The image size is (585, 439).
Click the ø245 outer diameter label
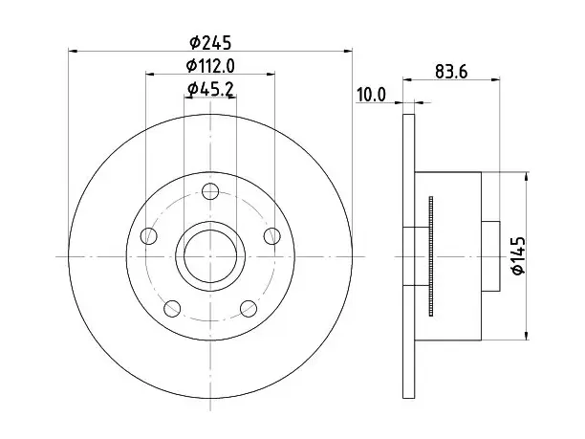210,42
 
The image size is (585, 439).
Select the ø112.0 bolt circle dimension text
210,66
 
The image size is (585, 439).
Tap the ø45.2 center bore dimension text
210,89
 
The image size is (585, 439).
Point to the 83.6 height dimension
451,72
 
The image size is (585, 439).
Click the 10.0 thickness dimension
371,95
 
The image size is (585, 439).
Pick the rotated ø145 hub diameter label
518,255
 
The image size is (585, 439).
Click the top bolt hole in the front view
210,191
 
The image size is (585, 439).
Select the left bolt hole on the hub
149,236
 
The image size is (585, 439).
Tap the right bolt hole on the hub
272,236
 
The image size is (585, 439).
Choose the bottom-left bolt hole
172,308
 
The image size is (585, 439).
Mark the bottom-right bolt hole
249,308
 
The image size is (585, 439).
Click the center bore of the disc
210,256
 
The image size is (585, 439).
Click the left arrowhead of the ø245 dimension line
73,51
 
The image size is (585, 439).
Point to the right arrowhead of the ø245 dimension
348,51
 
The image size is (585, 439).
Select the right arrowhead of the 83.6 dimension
495,79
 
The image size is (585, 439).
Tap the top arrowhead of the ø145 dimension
527,177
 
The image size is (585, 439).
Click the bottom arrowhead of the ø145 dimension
527,336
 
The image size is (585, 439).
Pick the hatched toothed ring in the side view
432,256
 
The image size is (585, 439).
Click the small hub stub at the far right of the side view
490,256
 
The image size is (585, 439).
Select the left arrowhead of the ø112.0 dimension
150,74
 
